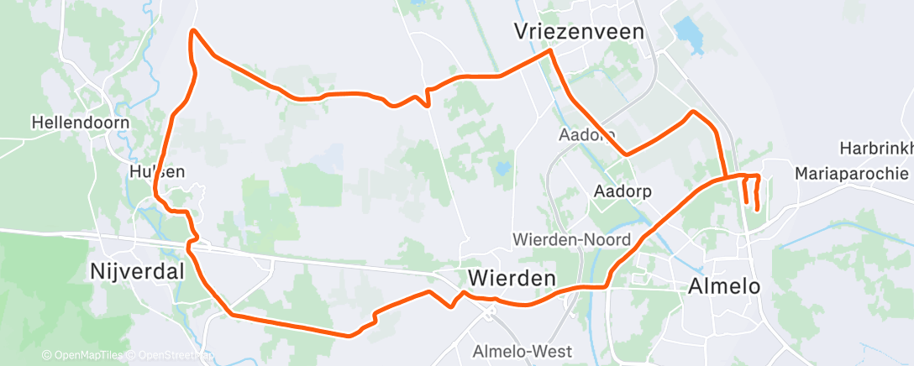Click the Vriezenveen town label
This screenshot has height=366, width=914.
[x=580, y=32]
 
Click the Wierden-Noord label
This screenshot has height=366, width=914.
[x=571, y=240]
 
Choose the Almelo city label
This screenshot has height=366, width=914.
[x=723, y=285]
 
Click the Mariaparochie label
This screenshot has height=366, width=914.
[x=852, y=174]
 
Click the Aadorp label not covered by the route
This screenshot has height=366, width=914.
[x=622, y=191]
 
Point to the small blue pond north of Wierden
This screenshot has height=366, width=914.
[x=502, y=169]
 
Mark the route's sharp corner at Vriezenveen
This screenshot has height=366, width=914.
[x=550, y=51]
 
